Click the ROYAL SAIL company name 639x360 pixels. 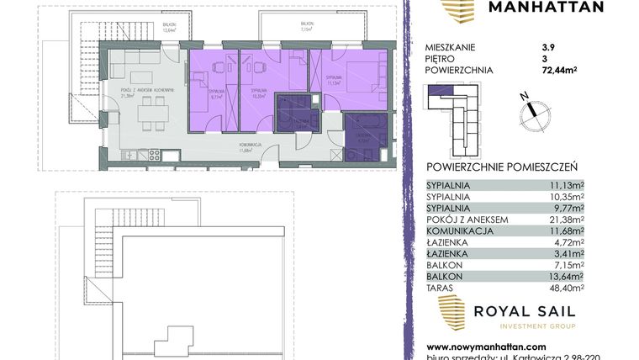[525, 311]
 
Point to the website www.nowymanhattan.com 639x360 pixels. [484, 346]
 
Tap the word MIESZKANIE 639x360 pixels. [454, 47]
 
